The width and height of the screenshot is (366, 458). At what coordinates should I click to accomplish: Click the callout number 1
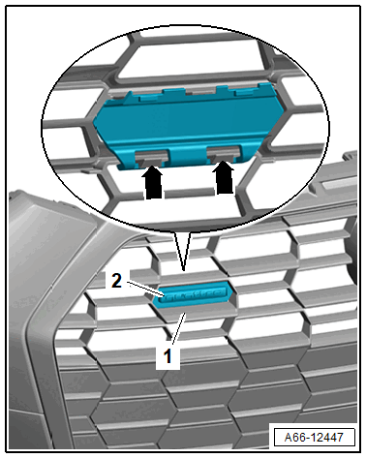[x=168, y=356]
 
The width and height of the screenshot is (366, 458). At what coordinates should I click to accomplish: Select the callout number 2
[x=116, y=280]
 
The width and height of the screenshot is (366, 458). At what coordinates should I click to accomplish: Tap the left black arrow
[x=153, y=181]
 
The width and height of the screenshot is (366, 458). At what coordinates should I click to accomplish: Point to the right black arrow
[x=224, y=177]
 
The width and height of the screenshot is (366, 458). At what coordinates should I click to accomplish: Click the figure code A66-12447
[x=314, y=438]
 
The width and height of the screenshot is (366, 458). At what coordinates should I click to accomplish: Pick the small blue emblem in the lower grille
[x=194, y=294]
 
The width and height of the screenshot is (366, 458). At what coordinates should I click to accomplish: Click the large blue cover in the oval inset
[x=189, y=126]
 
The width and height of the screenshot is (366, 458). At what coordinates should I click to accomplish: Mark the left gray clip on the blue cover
[x=151, y=157]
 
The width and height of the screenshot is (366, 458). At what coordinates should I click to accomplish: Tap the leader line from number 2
[x=146, y=289]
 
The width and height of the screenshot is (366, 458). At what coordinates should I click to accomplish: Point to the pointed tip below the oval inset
[x=183, y=270]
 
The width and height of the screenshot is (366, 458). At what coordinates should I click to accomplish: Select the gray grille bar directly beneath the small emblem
[x=197, y=314]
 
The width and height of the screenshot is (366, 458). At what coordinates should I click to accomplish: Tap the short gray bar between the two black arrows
[x=189, y=194]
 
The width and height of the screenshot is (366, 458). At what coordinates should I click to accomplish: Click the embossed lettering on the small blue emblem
[x=195, y=295]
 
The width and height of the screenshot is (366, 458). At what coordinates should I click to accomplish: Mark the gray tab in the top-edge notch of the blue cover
[x=200, y=91]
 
